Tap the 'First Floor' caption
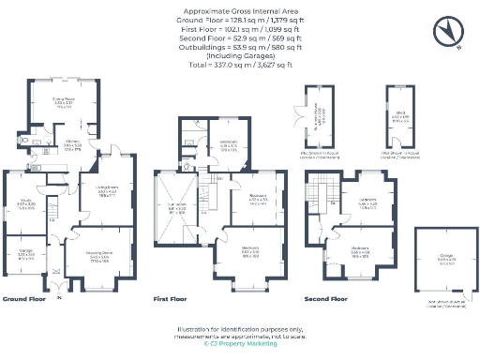coord(170,299)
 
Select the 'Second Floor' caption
coord(325,299)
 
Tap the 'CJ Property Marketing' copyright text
coord(241,344)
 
